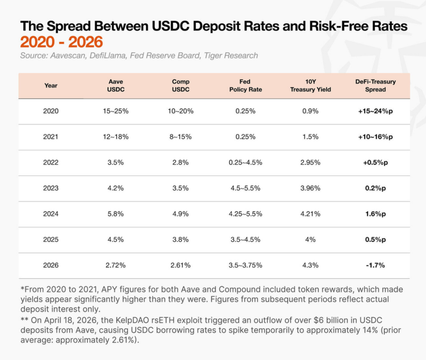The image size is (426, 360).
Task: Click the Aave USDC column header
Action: pos(116,86)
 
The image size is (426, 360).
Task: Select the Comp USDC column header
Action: pos(181,86)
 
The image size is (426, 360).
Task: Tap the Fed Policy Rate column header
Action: pos(245,86)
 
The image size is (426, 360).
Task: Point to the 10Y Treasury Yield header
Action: pos(311,86)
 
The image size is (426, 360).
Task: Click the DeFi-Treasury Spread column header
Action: pos(375,86)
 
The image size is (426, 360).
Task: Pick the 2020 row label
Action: pos(51,111)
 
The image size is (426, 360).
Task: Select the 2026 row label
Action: pos(51,265)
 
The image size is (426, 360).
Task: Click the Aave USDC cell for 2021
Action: pos(116,137)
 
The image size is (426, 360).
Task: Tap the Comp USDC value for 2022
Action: pos(181,162)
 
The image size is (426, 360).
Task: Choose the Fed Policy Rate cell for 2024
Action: pos(245,214)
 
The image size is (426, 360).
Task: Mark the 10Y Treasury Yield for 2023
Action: pos(311,188)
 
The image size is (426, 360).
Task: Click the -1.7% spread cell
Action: pos(375,265)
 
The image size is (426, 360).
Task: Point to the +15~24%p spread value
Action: pos(375,111)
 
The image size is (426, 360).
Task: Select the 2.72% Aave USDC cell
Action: pos(116,265)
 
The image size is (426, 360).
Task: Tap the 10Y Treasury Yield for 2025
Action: pos(311,240)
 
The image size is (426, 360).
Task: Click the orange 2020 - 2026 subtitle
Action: pos(61,42)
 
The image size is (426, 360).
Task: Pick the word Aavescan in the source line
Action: pos(69,56)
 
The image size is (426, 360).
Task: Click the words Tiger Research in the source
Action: pos(231,56)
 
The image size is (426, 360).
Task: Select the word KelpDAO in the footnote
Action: pos(132,320)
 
